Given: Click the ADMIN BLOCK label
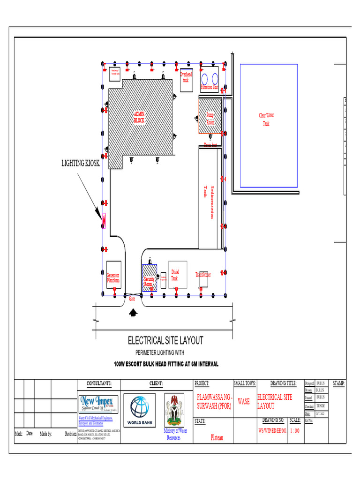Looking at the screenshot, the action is pos(139,117).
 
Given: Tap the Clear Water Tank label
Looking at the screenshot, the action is pos(266,119).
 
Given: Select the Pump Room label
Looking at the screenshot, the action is pos(210,118).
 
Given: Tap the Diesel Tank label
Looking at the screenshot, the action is pos(174,275).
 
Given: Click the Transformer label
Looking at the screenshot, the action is pos(203,275).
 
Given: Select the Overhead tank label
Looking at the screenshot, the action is pos(186,77).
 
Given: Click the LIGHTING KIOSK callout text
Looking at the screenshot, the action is pos(81,163).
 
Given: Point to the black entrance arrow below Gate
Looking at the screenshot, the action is pos(134,311).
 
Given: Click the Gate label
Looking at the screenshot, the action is pos(132,299).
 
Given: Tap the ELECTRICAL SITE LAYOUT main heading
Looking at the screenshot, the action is pos(165,340).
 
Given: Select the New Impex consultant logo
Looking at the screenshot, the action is pos(99,404).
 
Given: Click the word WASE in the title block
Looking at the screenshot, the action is pos(244,402).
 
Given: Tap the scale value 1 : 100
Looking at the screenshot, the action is pos(295,430).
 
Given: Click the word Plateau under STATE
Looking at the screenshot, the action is pos(217,438).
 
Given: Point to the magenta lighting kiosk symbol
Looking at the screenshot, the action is pos(104,220).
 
